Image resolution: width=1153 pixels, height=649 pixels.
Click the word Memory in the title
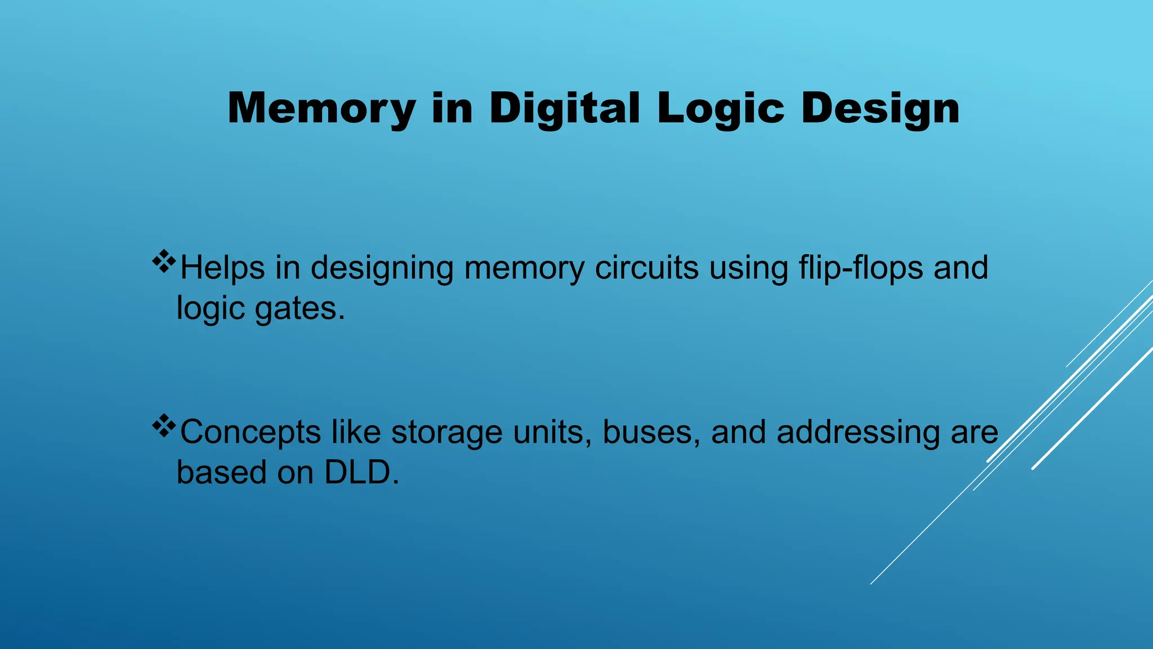click(321, 109)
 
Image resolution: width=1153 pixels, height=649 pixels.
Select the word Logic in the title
click(721, 109)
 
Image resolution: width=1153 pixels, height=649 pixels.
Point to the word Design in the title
click(881, 109)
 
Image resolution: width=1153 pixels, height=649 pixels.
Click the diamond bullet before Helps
click(164, 262)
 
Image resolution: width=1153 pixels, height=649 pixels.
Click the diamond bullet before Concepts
click(164, 426)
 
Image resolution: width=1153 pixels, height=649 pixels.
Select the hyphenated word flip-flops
click(861, 268)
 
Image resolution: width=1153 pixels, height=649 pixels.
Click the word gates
click(300, 309)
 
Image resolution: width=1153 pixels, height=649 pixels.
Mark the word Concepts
click(250, 433)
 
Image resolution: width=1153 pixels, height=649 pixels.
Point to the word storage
click(446, 433)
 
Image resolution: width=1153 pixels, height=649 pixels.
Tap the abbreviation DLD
click(361, 472)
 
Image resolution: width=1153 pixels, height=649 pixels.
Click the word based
click(221, 472)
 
